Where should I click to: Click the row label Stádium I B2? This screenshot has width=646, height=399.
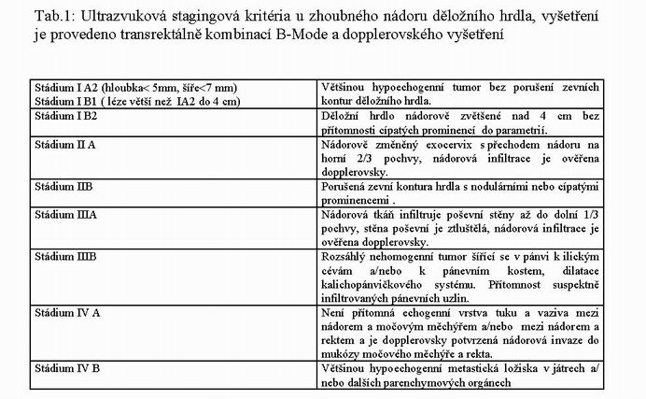pyautogui.click(x=65, y=117)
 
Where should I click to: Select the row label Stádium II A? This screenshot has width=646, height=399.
pyautogui.click(x=63, y=145)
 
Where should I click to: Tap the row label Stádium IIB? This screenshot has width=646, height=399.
pyautogui.click(x=62, y=187)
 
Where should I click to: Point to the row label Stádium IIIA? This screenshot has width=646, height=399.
pyautogui.click(x=63, y=214)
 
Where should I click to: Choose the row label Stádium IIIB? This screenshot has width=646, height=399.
pyautogui.click(x=63, y=254)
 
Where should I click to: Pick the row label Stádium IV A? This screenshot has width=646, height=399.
pyautogui.click(x=65, y=313)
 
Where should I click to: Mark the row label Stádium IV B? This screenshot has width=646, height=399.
pyautogui.click(x=65, y=368)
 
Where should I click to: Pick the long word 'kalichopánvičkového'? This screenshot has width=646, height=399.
pyautogui.click(x=372, y=281)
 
